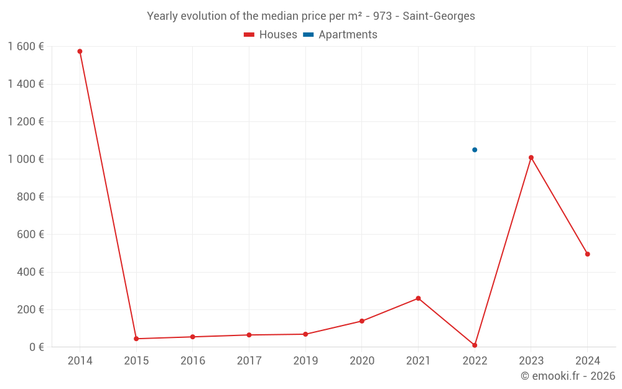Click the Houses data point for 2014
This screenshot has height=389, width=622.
[80, 51]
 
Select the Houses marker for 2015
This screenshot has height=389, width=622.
[136, 339]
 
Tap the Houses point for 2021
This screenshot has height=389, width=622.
[418, 298]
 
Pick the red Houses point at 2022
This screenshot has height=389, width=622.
[475, 345]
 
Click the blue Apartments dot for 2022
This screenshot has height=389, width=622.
[475, 150]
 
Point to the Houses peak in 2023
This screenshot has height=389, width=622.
[531, 157]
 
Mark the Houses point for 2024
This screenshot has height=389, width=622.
[587, 254]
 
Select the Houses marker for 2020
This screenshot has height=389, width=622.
[361, 321]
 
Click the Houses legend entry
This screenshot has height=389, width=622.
[271, 35]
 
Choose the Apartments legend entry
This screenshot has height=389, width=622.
[340, 35]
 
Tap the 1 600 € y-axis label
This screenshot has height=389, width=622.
[26, 47]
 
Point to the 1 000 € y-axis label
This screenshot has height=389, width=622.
[26, 159]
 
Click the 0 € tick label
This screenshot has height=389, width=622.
[36, 347]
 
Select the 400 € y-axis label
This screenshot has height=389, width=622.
[29, 272]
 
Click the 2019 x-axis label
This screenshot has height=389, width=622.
[305, 361]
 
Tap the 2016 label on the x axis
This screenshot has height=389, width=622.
[193, 361]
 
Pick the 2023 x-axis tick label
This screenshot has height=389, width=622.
[531, 361]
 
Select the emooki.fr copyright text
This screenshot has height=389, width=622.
[568, 376]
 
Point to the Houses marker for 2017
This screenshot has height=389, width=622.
[249, 335]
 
